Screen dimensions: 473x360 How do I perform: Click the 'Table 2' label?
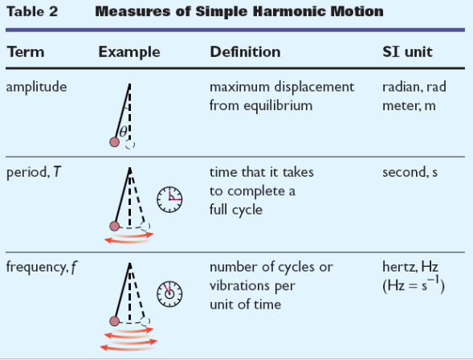tap(32, 11)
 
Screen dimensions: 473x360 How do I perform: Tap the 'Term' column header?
tap(26, 51)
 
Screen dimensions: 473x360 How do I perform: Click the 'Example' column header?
tap(129, 52)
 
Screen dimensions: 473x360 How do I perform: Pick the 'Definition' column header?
tap(245, 51)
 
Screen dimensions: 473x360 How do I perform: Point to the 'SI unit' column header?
tap(407, 51)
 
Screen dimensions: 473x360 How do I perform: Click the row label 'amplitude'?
tap(36, 88)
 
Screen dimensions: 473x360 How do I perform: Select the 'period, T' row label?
tap(34, 172)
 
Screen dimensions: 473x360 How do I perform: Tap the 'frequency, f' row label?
tap(41, 268)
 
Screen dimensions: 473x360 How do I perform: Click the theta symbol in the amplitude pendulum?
tap(123, 132)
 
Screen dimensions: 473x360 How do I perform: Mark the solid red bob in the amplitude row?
tap(114, 141)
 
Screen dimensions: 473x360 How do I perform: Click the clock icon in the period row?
tap(169, 199)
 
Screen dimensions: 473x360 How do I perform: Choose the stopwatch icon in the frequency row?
tap(169, 294)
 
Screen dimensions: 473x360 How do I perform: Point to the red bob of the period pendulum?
tap(114, 226)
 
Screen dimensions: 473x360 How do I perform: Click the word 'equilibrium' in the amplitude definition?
tap(278, 106)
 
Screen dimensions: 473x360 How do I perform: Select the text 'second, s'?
tap(410, 172)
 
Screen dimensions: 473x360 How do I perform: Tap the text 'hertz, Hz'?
tap(410, 267)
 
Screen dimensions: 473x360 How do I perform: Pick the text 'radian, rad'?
tap(414, 88)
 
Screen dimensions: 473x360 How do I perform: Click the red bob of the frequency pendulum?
tap(114, 321)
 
